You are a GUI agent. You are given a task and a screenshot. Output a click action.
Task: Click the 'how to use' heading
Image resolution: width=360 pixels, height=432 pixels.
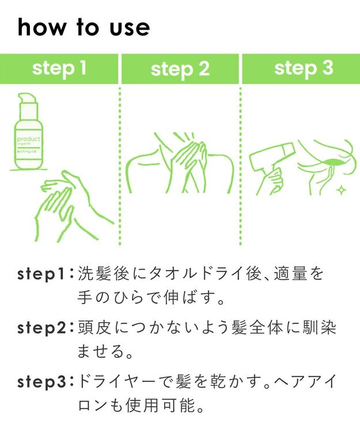click(84, 27)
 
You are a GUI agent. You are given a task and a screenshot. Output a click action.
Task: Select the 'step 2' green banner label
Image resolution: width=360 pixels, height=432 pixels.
click(180, 69)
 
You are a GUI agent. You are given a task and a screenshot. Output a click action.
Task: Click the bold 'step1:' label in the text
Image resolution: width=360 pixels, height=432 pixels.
click(45, 274)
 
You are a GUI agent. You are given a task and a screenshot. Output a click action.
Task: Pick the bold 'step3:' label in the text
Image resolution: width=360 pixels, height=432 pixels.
click(45, 381)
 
